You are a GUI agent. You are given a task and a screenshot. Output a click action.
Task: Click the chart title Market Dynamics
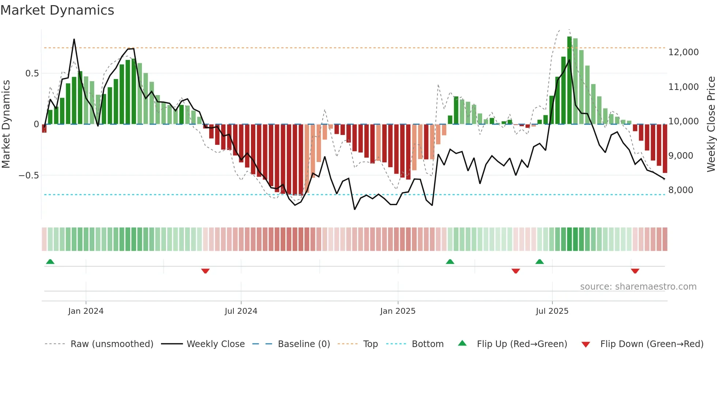coord(57,10)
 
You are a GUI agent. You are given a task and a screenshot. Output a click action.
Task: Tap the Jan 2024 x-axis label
coord(86,311)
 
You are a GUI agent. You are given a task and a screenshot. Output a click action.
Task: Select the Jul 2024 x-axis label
coord(241,311)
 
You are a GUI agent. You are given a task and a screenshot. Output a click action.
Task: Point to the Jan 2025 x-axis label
coord(398,311)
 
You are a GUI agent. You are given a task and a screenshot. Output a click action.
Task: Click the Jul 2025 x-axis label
coord(552,311)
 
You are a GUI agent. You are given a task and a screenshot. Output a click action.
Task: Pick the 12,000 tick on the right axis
coord(683,52)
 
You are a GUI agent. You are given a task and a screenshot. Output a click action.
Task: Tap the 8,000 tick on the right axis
coord(680,190)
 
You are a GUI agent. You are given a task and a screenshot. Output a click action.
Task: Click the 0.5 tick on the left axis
coord(32,74)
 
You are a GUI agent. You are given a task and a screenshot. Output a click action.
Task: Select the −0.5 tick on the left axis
coord(29,176)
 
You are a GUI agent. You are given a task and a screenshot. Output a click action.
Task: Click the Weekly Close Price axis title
coord(711,124)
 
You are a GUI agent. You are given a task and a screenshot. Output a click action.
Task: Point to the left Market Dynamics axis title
coord(6,124)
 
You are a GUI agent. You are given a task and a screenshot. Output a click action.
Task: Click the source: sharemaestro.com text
coord(638,287)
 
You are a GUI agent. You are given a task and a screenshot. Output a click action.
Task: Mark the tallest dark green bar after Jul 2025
coord(570,80)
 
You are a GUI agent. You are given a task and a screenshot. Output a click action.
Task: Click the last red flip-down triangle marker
coord(635,271)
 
